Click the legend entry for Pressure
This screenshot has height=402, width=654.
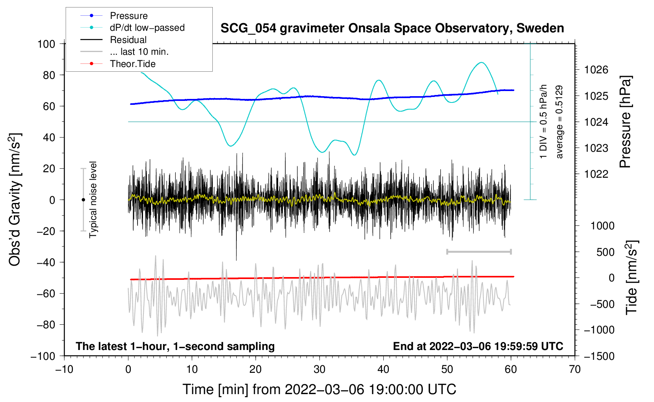click(x=128, y=16)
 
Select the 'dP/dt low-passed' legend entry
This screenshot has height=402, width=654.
click(x=147, y=28)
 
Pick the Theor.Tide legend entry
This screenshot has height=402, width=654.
click(x=132, y=64)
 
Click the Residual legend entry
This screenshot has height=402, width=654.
click(x=128, y=40)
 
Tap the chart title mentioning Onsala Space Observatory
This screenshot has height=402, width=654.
click(x=392, y=28)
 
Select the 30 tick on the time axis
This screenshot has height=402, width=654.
click(x=320, y=369)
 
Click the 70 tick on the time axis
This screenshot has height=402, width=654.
click(x=575, y=369)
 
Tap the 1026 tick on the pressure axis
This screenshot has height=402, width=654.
click(x=596, y=70)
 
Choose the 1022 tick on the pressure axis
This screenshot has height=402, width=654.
click(x=596, y=174)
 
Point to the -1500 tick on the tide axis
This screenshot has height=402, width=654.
click(x=599, y=356)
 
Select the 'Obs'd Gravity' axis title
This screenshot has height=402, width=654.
click(x=15, y=199)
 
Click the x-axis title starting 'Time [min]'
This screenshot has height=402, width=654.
click(x=319, y=389)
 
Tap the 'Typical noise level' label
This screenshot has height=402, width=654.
click(x=93, y=199)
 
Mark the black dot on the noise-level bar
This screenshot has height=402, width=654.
click(x=83, y=200)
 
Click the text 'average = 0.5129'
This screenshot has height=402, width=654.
click(x=559, y=122)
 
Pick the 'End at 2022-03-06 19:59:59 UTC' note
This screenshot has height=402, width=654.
click(x=478, y=346)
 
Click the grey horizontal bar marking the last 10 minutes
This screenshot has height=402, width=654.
click(x=479, y=251)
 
